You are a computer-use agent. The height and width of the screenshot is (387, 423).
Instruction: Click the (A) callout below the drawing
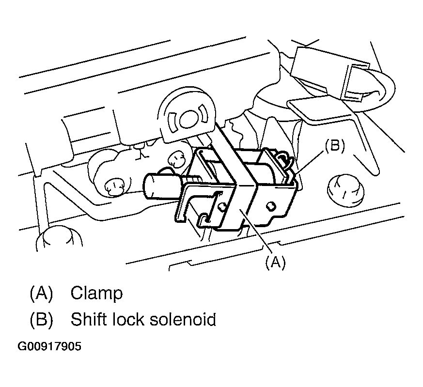pyautogui.click(x=275, y=262)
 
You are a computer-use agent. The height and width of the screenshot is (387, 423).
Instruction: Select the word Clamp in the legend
pyautogui.click(x=96, y=293)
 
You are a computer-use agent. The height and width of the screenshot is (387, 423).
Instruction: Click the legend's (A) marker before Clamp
pyautogui.click(x=41, y=293)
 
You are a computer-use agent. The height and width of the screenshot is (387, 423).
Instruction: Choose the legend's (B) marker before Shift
pyautogui.click(x=41, y=320)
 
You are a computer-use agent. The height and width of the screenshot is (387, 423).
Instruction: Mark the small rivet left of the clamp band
pyautogui.click(x=221, y=207)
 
